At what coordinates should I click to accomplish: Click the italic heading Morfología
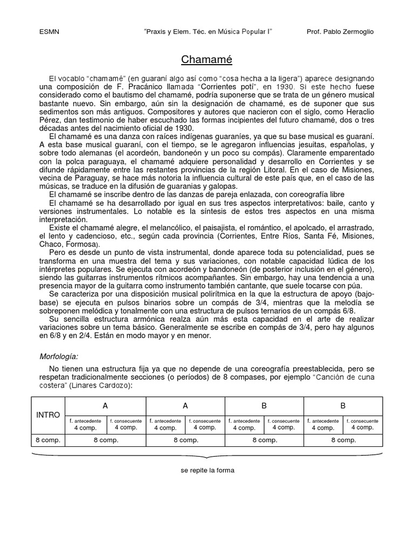[59, 356]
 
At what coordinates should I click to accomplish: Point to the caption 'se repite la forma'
[208, 470]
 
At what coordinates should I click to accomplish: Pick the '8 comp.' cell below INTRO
[48, 440]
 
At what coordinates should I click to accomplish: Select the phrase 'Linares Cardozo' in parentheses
[101, 385]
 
